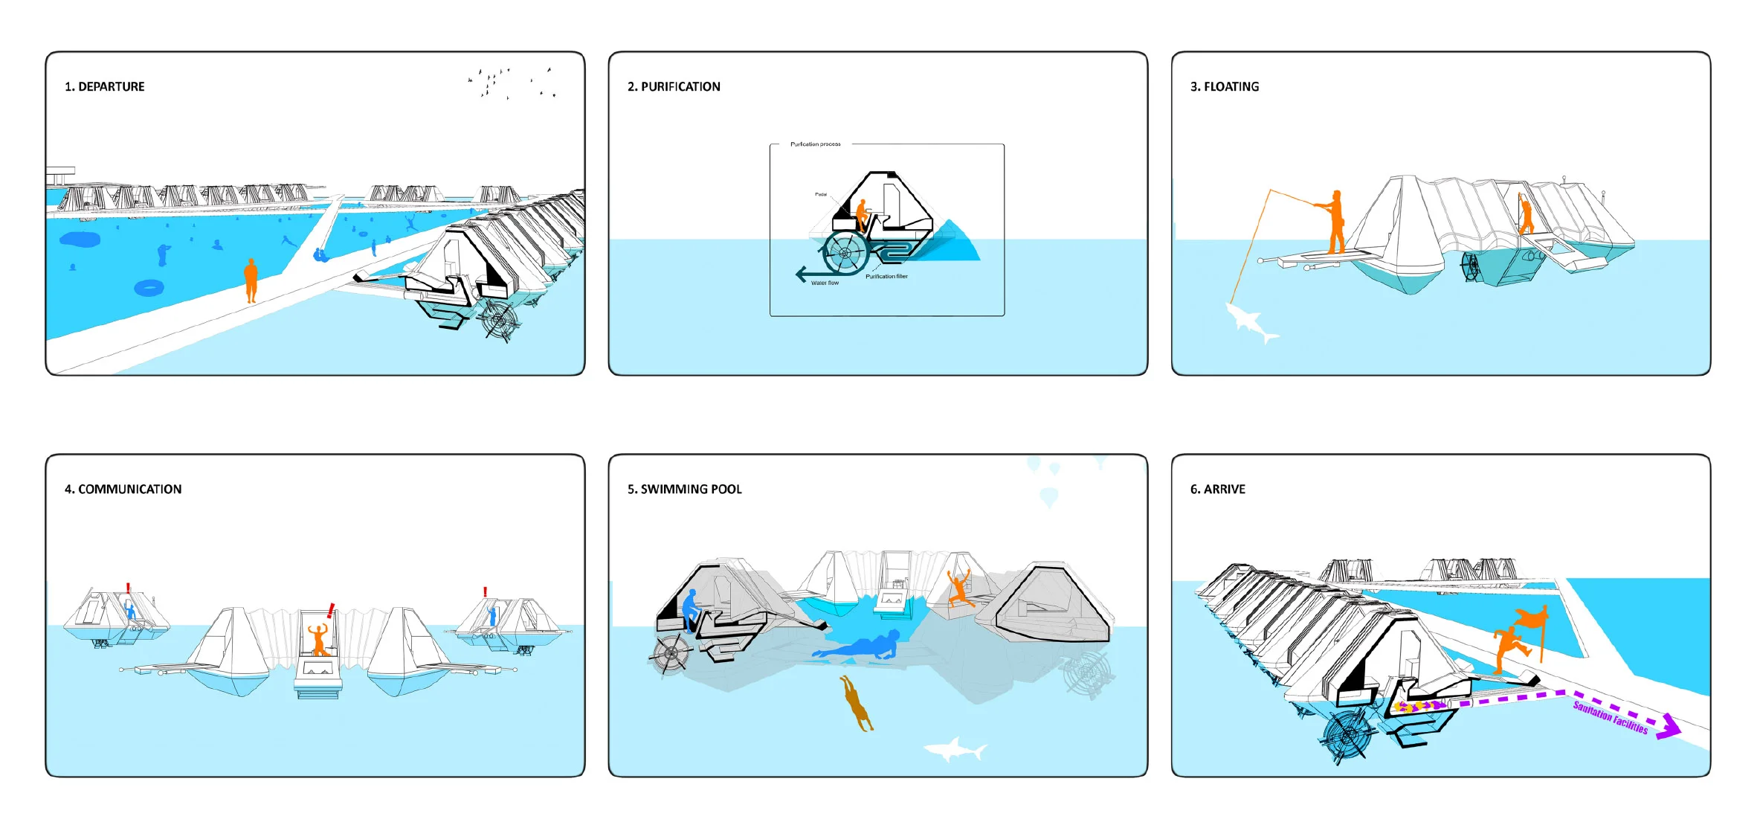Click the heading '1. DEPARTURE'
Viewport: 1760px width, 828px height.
click(105, 87)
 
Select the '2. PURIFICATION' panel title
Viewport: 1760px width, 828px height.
click(674, 87)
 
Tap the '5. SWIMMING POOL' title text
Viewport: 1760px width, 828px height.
click(685, 490)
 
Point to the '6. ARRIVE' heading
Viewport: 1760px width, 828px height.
click(1218, 490)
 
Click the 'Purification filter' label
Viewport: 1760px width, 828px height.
click(886, 277)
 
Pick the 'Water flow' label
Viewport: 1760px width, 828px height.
click(825, 283)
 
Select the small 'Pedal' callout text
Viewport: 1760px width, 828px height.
click(821, 194)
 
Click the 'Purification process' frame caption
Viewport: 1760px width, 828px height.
click(816, 144)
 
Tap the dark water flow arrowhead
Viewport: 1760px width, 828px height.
click(801, 275)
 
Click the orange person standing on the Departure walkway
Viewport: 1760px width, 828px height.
click(251, 280)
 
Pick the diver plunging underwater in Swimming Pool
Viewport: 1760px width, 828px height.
click(857, 702)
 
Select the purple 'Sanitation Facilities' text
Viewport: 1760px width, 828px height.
click(1611, 717)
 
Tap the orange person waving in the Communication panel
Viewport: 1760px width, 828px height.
click(318, 638)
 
